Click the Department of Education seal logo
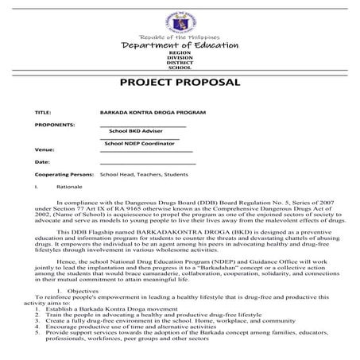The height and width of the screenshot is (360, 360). pyautogui.click(x=180, y=18)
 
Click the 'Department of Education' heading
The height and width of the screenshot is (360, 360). pyautogui.click(x=180, y=46)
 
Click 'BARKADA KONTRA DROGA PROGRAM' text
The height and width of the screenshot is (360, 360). pyautogui.click(x=146, y=113)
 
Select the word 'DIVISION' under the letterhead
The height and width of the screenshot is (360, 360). pyautogui.click(x=180, y=60)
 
